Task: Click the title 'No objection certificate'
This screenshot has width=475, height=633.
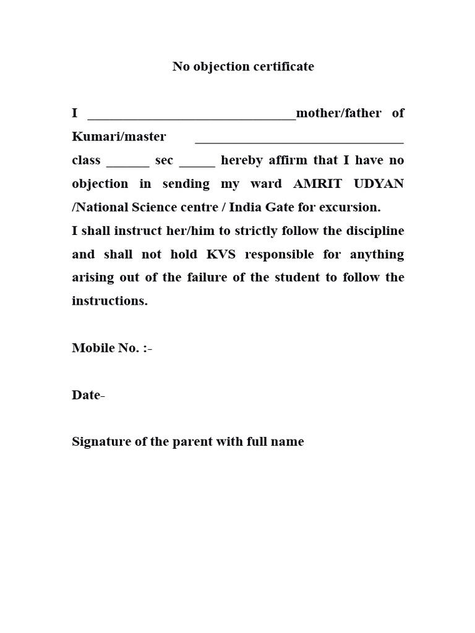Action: click(x=243, y=67)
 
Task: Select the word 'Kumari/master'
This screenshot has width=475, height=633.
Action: click(x=119, y=137)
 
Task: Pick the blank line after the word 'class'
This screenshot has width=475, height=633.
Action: click(x=128, y=164)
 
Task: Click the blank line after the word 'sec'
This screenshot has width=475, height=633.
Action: click(x=197, y=164)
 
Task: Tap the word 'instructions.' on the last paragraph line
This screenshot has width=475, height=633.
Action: click(x=110, y=301)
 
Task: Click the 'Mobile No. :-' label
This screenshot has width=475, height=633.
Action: click(x=112, y=348)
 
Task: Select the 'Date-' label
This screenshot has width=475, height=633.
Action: click(x=88, y=395)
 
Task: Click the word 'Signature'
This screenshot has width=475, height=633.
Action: click(x=101, y=443)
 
